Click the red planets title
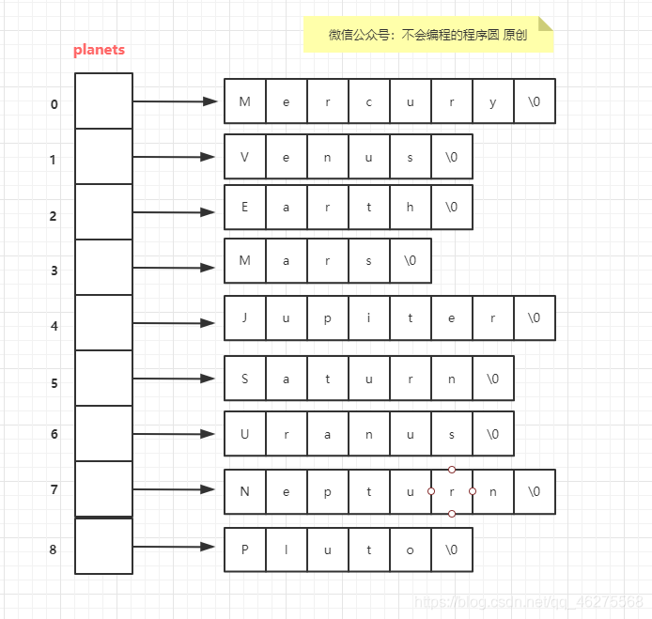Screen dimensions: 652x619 click(99, 50)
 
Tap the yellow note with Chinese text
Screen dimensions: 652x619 click(427, 35)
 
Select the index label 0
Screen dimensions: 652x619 click(54, 104)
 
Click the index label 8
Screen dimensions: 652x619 click(54, 549)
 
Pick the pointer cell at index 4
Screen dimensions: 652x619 click(103, 323)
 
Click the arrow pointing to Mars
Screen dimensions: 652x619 click(175, 268)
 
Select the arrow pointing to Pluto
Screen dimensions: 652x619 click(175, 547)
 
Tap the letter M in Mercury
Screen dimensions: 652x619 click(245, 101)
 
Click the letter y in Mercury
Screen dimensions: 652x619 click(493, 101)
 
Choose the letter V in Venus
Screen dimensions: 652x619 click(245, 157)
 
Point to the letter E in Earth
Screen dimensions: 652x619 click(245, 208)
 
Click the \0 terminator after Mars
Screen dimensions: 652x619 click(411, 261)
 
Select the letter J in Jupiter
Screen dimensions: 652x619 click(245, 318)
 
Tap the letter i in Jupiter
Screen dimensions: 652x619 click(369, 318)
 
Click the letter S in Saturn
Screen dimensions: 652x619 click(245, 379)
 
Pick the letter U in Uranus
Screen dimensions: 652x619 click(245, 435)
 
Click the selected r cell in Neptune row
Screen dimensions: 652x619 click(452, 491)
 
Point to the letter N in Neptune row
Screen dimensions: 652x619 click(245, 491)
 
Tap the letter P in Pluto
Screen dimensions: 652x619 click(245, 549)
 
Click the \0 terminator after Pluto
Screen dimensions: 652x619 click(452, 549)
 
